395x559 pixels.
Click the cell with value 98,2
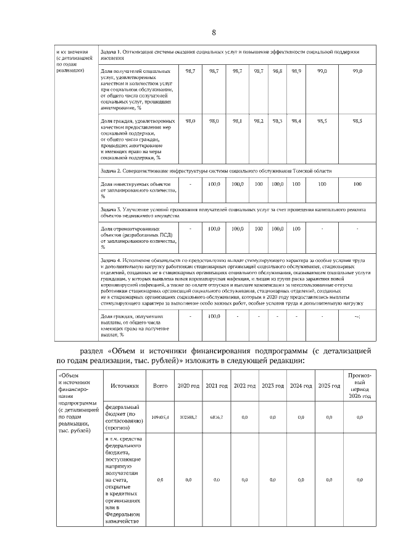(259, 121)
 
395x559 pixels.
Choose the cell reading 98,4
(296, 121)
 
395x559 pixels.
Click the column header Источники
(124, 385)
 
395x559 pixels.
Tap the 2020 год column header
(188, 385)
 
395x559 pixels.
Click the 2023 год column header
(273, 385)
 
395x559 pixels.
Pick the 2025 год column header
(329, 385)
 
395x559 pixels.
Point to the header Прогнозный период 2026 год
(359, 385)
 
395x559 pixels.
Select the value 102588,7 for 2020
(188, 418)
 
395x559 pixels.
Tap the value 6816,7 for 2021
(217, 418)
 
